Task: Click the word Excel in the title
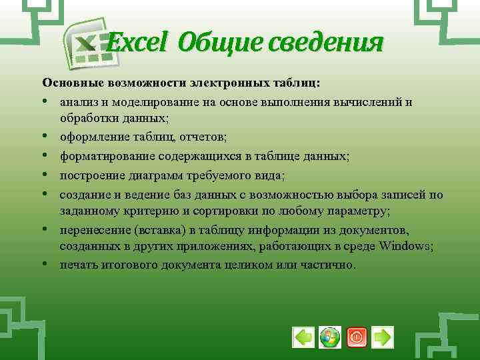[x=138, y=44]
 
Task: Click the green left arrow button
[x=303, y=337]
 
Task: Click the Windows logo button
[x=329, y=337]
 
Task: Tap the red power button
[x=356, y=337]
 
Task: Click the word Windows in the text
[x=407, y=246]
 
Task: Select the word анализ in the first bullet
[x=77, y=102]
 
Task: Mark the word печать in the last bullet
[x=77, y=265]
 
